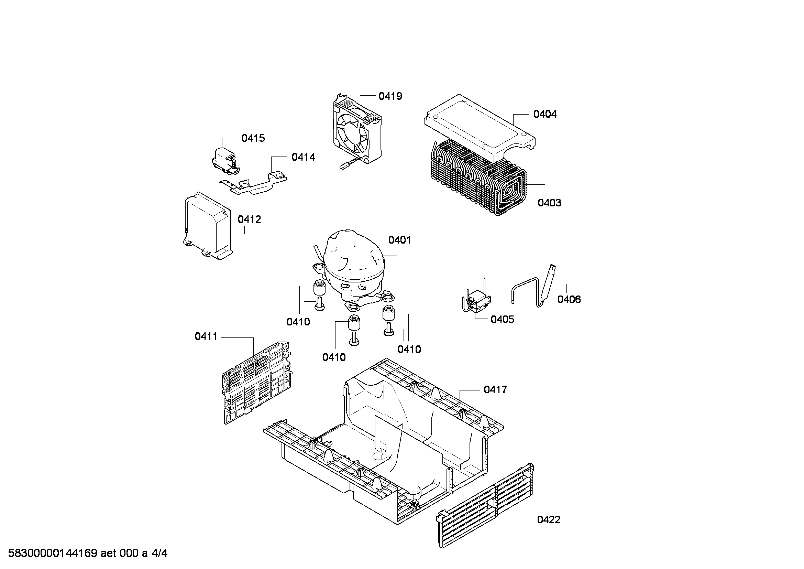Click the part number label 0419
390,96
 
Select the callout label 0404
545,114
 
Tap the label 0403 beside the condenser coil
549,203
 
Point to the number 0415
253,138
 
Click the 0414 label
303,157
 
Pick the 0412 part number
249,219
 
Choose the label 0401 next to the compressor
399,240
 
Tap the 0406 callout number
569,299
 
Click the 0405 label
503,319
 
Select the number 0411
206,336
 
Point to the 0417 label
496,389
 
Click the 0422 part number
549,519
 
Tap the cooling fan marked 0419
356,130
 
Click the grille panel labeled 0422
485,505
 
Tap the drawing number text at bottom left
88,553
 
